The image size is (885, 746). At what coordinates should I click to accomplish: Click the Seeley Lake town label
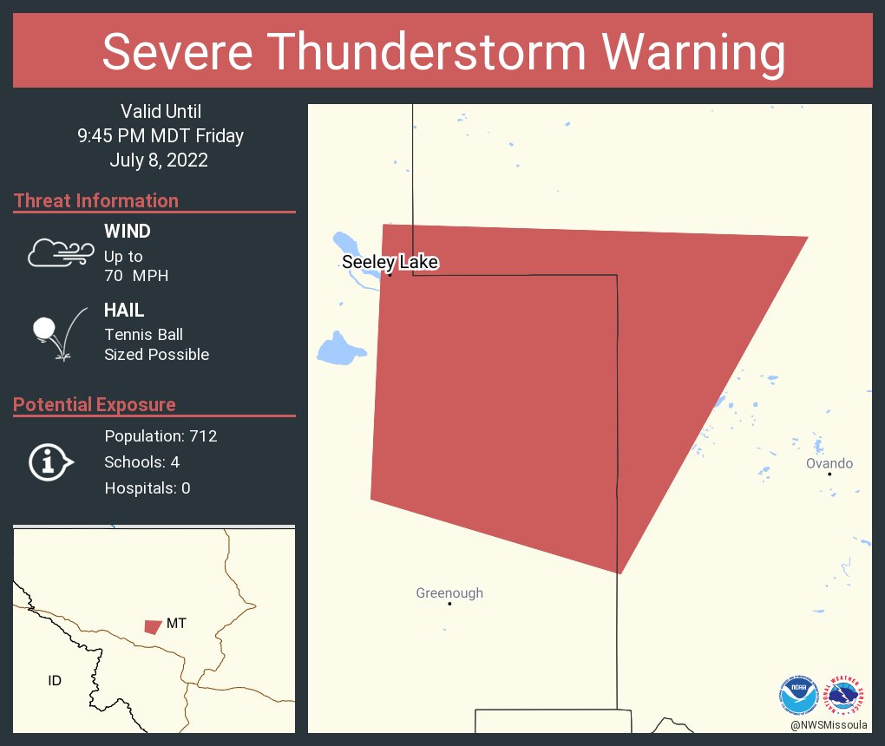pyautogui.click(x=390, y=262)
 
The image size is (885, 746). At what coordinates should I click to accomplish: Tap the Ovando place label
pyautogui.click(x=829, y=463)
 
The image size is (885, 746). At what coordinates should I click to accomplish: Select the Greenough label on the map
pyautogui.click(x=449, y=593)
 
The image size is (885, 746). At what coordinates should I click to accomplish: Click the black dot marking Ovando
pyautogui.click(x=829, y=474)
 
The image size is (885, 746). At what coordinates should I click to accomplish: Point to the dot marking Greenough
pyautogui.click(x=449, y=604)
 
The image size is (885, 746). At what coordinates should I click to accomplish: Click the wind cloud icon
pyautogui.click(x=60, y=252)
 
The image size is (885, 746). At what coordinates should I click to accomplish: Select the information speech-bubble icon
pyautogui.click(x=50, y=461)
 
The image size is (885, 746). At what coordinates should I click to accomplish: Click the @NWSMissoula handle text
pyautogui.click(x=829, y=724)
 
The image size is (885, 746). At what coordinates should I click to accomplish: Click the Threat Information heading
pyautogui.click(x=96, y=200)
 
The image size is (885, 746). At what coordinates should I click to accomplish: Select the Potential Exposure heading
pyautogui.click(x=95, y=404)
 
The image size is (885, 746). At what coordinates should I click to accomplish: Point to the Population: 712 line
pyautogui.click(x=161, y=435)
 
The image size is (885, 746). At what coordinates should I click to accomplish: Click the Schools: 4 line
pyautogui.click(x=142, y=461)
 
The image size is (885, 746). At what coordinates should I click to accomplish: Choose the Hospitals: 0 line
pyautogui.click(x=147, y=488)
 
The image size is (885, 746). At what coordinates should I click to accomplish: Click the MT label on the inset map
pyautogui.click(x=176, y=623)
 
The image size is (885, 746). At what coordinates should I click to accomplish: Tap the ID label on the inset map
pyautogui.click(x=55, y=681)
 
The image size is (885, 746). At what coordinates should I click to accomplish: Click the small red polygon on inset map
pyautogui.click(x=153, y=626)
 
